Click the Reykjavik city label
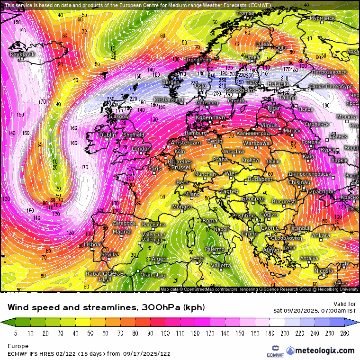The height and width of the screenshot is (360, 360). tap(23, 54)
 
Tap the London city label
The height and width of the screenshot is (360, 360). tap(141, 149)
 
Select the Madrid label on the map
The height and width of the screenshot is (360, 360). tap(121, 232)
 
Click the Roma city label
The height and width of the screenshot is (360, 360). tap(210, 221)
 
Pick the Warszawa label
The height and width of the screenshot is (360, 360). tap(256, 143)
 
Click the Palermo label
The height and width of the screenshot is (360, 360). tap(215, 249)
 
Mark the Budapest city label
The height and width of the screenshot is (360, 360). tap(260, 179)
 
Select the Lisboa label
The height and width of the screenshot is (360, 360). tap(91, 244)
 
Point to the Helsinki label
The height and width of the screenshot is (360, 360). tap(278, 84)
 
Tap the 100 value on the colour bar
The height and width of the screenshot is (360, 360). tap(165, 333)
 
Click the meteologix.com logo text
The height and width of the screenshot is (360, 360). tap(324, 351)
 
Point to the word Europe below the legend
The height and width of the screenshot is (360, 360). tap(18, 346)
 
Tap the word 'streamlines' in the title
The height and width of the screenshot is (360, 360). tap(102, 307)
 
